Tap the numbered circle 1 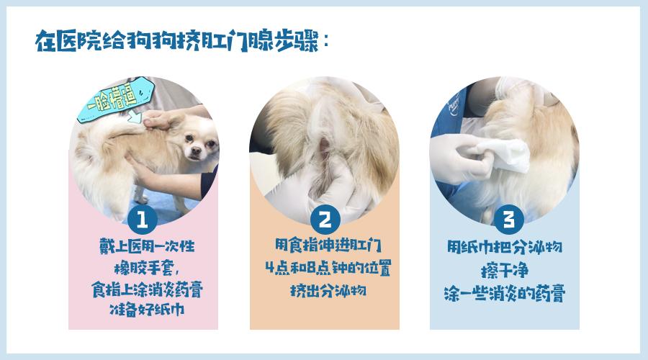[x=143, y=219]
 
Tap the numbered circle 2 [x=325, y=219]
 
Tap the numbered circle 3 [x=508, y=219]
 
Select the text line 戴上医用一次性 [x=147, y=247]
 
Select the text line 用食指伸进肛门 [x=324, y=247]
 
